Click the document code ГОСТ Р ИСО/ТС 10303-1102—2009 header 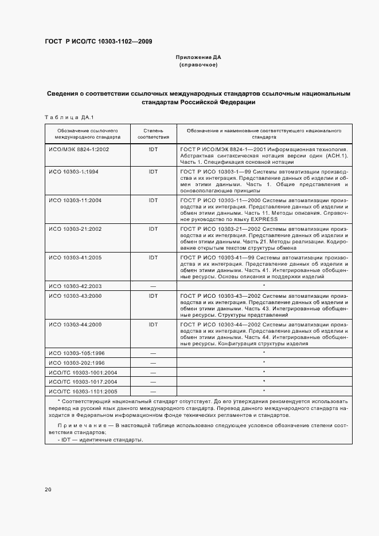coord(98,41)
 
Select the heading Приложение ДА coord(198,58)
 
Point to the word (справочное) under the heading coord(198,65)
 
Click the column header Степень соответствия coord(153,134)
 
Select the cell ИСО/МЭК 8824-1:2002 coord(79,149)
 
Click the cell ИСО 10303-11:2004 coord(76,200)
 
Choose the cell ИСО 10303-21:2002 coord(76,228)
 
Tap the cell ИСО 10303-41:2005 coord(76,257)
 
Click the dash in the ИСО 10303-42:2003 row coord(153,285)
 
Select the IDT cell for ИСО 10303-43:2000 coord(153,296)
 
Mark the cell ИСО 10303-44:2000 coord(76,325)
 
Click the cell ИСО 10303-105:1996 coord(77,353)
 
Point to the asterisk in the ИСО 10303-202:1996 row coord(264,362)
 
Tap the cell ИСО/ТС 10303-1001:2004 coord(83,372)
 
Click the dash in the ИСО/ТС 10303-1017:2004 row coord(153,381)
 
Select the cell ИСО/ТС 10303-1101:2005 coord(83,391)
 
